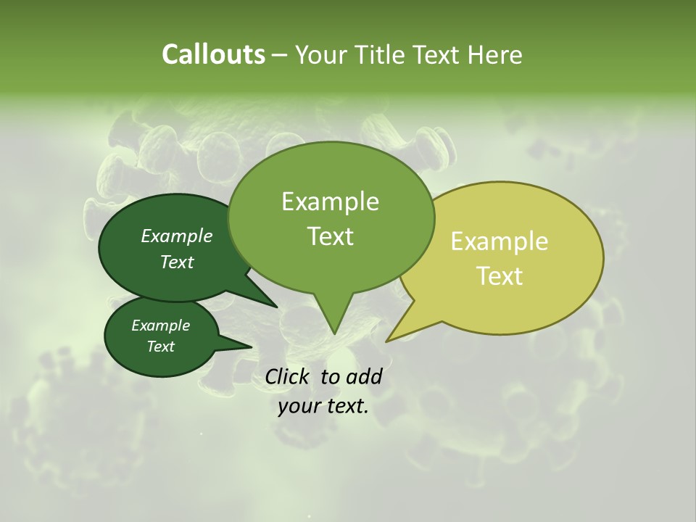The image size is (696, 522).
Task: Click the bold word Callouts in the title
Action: click(x=213, y=54)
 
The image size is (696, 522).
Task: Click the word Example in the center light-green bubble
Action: click(x=330, y=202)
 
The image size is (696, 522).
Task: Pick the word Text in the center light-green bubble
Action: click(x=330, y=236)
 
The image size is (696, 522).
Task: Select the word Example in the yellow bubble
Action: click(x=500, y=241)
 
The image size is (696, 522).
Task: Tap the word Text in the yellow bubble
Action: click(x=500, y=275)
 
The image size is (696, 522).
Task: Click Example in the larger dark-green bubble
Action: click(x=177, y=236)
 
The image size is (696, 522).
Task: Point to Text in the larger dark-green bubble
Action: click(x=177, y=262)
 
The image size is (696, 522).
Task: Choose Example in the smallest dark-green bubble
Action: click(x=160, y=326)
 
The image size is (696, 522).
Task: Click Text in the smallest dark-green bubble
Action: click(x=160, y=347)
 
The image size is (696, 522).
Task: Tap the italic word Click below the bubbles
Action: click(x=289, y=376)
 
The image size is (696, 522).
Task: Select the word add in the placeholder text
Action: click(x=363, y=376)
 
